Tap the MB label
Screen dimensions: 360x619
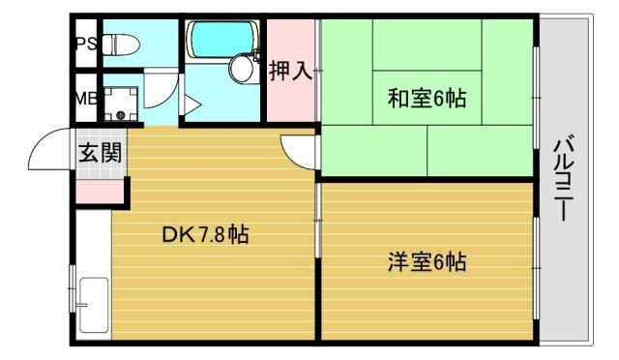(x=84, y=99)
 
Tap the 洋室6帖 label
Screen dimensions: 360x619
(x=427, y=261)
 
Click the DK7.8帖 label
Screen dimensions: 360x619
(x=205, y=234)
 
